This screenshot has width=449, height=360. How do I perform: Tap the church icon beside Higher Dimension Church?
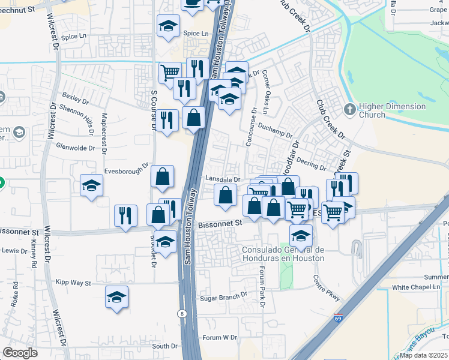tap(350, 110)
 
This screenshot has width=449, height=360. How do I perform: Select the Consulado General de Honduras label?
tap(283, 254)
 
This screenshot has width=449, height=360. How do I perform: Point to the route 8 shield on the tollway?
tap(181, 313)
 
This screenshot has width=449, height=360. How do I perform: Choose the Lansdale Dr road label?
tap(223, 179)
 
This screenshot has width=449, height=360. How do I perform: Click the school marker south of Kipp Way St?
tap(116, 296)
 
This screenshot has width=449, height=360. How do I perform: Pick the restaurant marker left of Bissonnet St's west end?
tap(125, 215)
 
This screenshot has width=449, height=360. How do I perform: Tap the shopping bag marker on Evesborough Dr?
tap(163, 176)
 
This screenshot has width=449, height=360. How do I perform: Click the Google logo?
tap(20, 353)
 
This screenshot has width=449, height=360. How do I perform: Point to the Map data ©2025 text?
tap(423, 355)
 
